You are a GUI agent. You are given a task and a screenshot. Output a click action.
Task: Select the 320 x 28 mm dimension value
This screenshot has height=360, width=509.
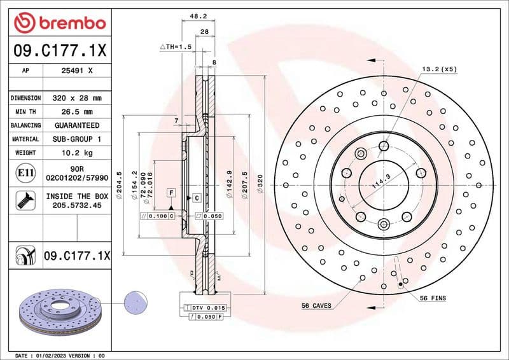click(x=76, y=99)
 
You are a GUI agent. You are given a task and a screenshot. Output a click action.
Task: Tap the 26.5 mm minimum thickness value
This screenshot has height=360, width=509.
click(x=76, y=112)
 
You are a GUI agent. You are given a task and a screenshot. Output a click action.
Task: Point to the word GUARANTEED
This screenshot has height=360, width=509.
click(x=76, y=125)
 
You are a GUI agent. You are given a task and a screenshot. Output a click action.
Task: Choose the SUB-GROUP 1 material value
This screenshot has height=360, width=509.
click(x=76, y=139)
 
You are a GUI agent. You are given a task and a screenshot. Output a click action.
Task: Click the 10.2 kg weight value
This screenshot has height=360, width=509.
click(x=76, y=153)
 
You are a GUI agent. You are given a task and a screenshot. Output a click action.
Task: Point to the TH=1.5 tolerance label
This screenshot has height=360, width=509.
click(x=176, y=47)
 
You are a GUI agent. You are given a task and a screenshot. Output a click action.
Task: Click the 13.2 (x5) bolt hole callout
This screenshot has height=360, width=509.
click(x=438, y=68)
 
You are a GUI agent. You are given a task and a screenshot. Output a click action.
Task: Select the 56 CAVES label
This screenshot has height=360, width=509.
click(x=316, y=306)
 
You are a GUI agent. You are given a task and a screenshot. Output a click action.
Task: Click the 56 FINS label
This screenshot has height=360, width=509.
click(x=433, y=298)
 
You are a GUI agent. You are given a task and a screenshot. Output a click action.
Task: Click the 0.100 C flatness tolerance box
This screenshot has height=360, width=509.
click(x=155, y=217)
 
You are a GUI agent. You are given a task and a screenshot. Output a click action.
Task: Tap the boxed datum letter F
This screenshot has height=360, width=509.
click(x=171, y=192)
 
